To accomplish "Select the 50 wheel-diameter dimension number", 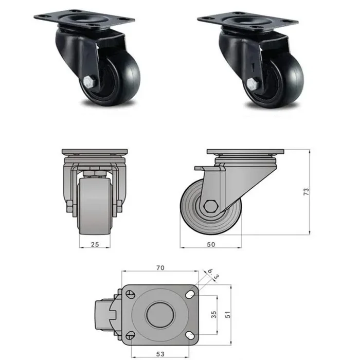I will point(210,244).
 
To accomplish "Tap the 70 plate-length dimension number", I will point(159,267).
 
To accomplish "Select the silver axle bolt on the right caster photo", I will point(253,85).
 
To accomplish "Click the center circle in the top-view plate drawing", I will point(159,314).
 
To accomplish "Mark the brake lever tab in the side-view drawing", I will point(202,169).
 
